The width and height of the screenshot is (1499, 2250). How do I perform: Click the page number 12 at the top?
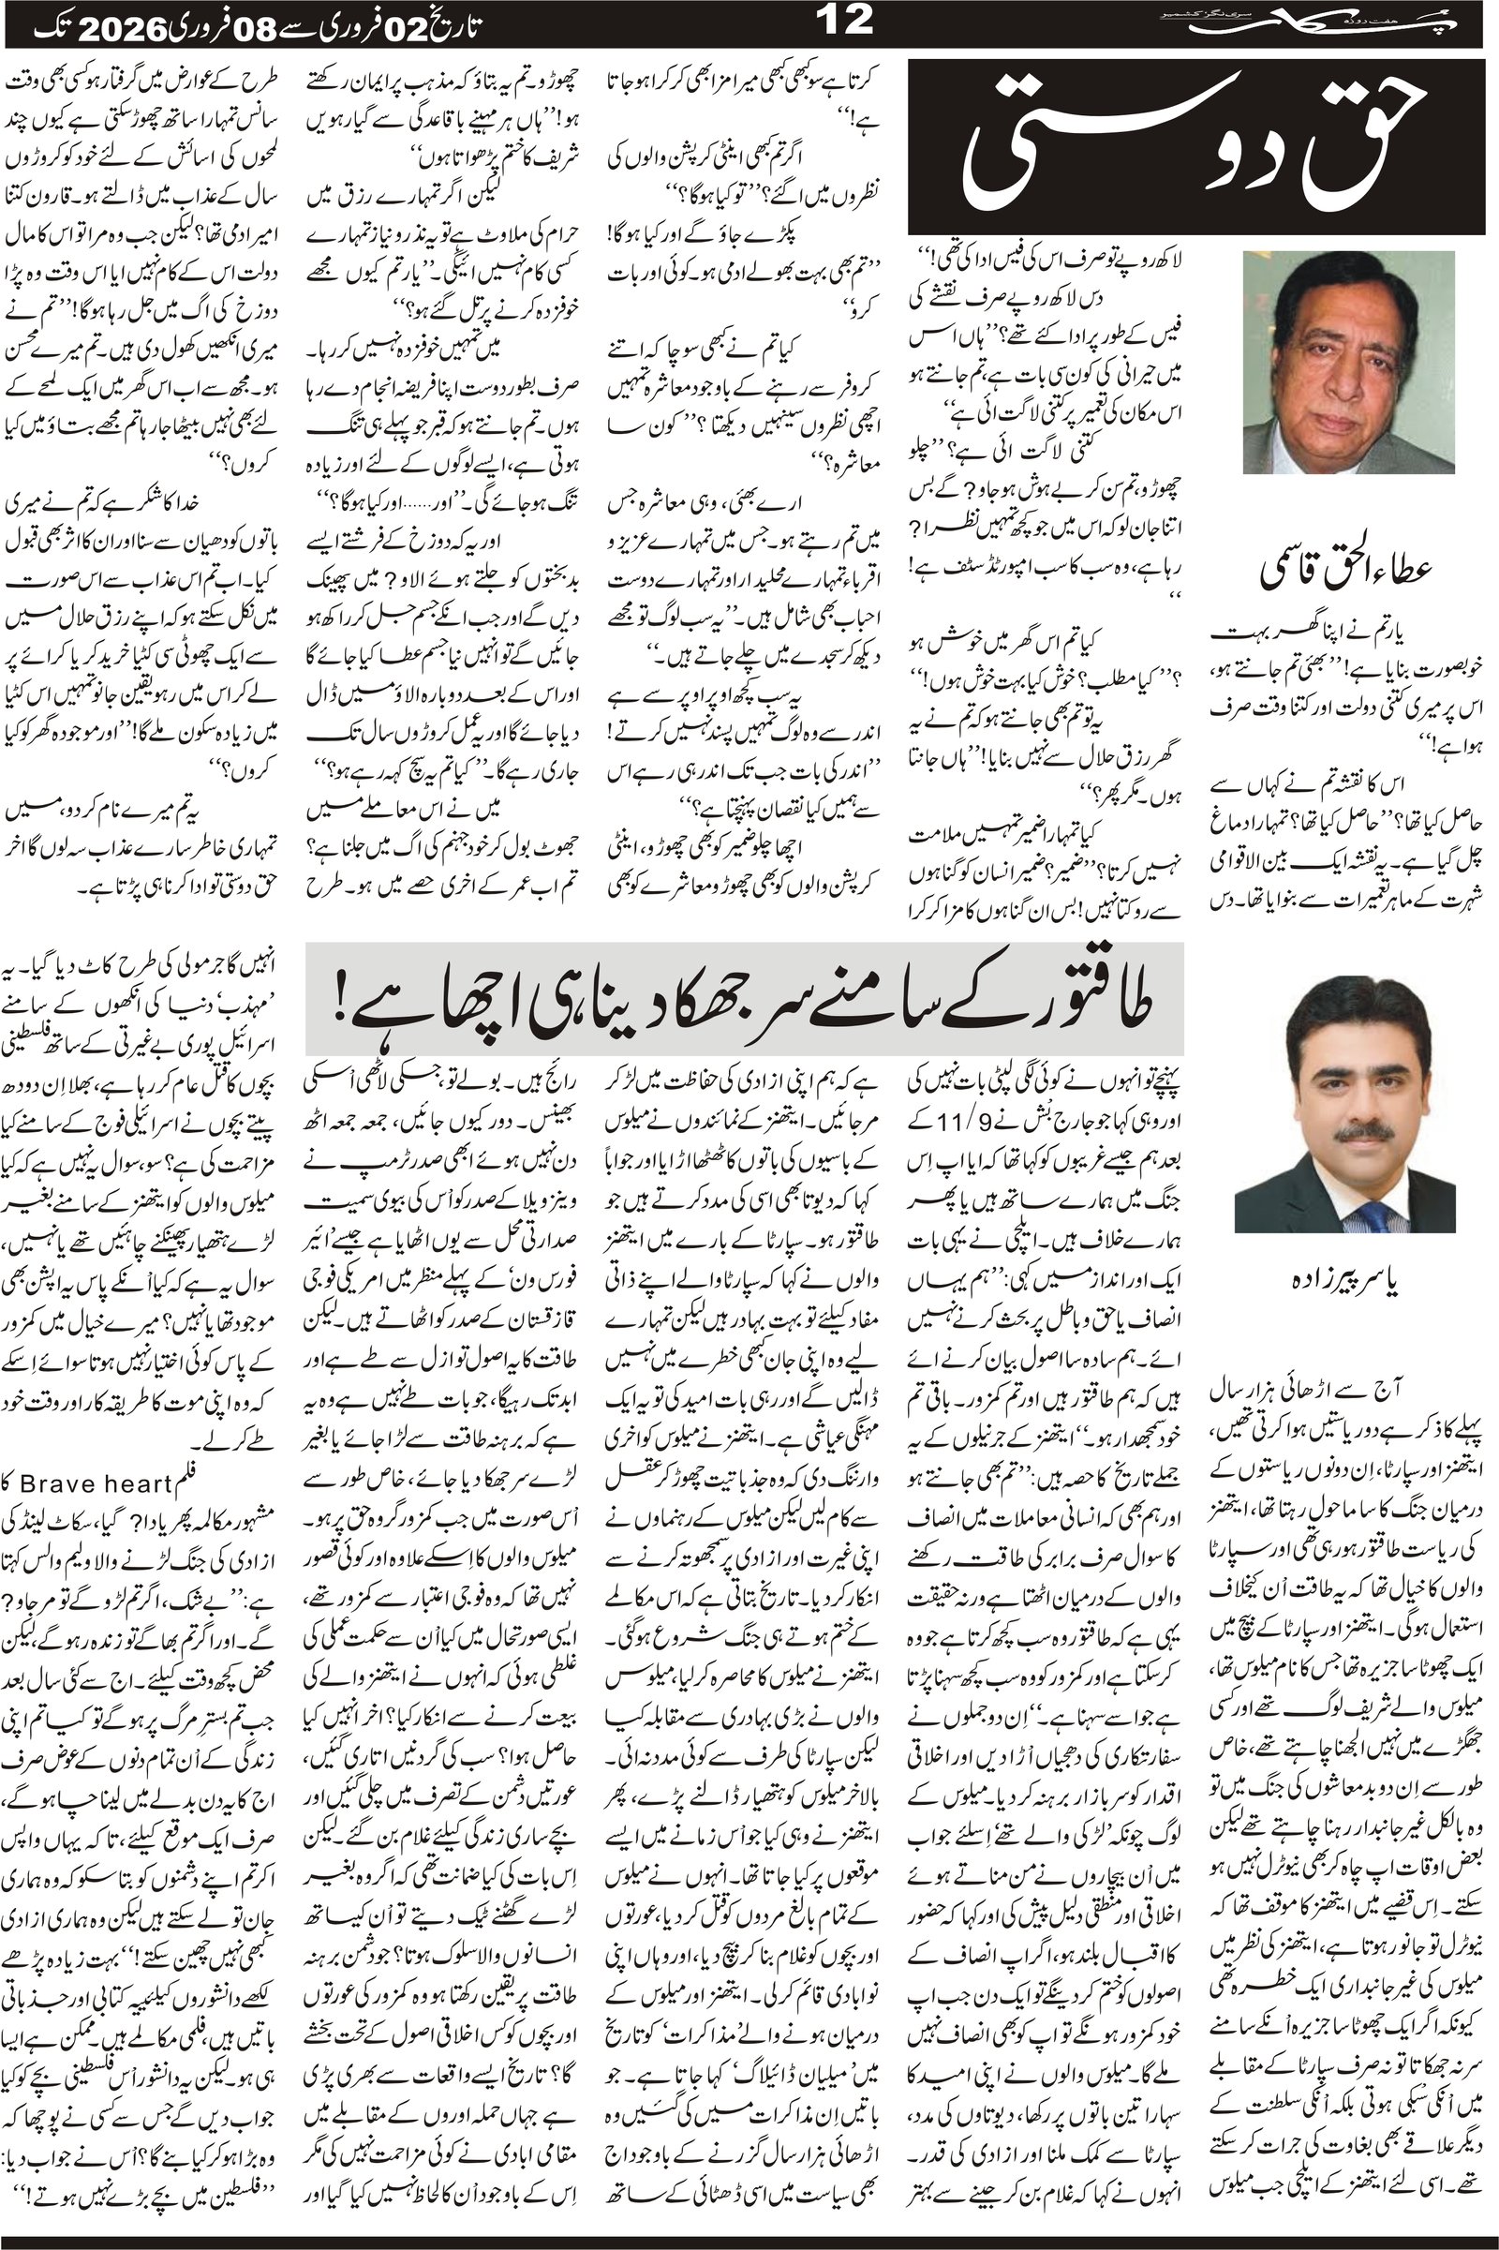[846, 21]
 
